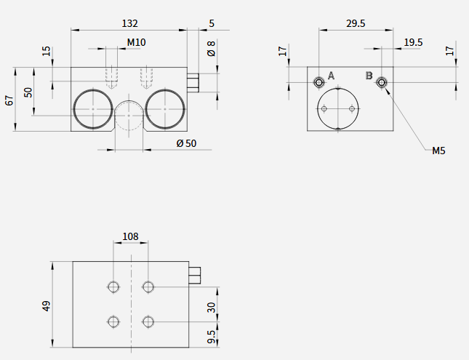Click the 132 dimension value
point(130,23)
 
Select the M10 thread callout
point(137,42)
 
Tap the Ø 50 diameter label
point(186,144)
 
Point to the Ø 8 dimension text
point(211,49)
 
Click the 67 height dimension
point(9,100)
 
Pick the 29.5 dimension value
point(356,23)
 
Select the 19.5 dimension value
point(413,42)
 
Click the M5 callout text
point(438,151)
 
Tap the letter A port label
point(331,76)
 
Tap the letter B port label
point(369,76)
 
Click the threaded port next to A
point(319,82)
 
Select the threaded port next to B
point(381,82)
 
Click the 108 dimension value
point(131,236)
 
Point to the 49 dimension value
point(47,306)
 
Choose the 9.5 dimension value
point(211,337)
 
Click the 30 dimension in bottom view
point(211,308)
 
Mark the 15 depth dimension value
point(47,51)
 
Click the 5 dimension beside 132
point(212,23)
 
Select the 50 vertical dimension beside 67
point(28,92)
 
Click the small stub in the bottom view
point(194,276)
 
